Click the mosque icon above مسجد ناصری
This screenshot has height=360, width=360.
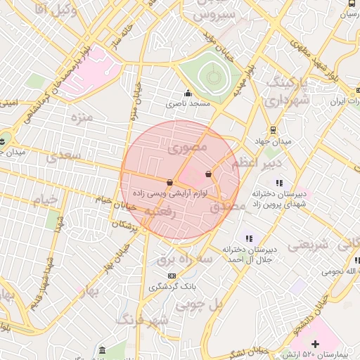pos(188,94)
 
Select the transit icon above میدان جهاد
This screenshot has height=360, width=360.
pos(273,130)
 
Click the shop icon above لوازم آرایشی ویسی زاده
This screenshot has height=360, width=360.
pos(170,183)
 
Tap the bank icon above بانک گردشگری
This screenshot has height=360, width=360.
pos(153,275)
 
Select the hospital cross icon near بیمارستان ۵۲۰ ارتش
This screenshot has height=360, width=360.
pos(315,344)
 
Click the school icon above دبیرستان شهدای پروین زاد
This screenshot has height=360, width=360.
pos(279,184)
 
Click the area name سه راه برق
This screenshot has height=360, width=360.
pos(176,259)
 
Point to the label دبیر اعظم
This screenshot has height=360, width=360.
pos(262,163)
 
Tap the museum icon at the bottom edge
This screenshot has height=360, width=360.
pos(103,349)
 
